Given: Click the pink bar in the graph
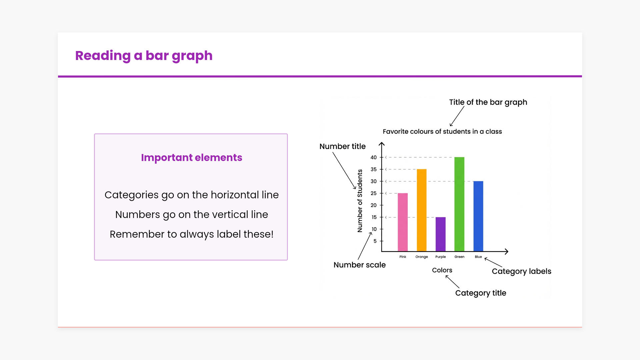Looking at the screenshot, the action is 403,222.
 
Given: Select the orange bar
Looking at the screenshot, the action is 422,210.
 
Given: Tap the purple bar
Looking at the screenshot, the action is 441,234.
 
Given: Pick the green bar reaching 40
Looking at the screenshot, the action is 459,204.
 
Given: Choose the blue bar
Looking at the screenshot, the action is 478,216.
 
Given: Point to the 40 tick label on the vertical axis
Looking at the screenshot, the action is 374,157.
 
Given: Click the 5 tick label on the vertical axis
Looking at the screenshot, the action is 375,241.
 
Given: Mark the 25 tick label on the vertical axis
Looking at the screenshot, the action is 374,193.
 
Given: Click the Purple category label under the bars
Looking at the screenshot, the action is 441,257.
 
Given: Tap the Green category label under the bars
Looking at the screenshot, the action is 459,257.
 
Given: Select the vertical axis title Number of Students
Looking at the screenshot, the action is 360,201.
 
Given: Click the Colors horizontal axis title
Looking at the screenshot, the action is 442,270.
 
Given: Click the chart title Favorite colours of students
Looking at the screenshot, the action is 442,132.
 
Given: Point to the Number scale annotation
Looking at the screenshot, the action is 360,265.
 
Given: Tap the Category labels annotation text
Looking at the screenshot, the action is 522,271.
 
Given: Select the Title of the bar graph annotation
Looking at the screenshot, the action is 488,102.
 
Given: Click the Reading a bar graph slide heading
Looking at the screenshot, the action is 144,56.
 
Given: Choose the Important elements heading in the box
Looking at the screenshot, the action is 192,158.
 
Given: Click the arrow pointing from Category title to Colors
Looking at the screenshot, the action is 452,282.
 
